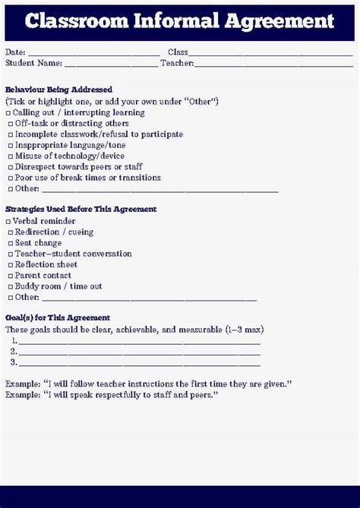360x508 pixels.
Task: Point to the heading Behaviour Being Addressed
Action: pos(58,90)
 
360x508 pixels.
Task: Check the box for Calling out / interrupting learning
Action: pos(10,112)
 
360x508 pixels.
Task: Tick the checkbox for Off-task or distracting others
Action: pos(10,124)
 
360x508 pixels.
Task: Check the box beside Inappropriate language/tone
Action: pos(10,145)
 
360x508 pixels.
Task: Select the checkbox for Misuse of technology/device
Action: pos(10,156)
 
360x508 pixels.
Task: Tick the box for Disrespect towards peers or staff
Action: pos(10,167)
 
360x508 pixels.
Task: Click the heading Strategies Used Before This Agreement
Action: pos(81,209)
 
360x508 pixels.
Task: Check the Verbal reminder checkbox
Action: pos(8,221)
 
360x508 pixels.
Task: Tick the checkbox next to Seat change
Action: pos(10,243)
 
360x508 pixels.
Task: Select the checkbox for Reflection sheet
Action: pos(10,265)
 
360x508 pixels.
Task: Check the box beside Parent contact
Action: pos(10,276)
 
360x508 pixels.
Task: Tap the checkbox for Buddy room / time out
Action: pos(10,287)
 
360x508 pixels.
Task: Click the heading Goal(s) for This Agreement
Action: pos(58,317)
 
